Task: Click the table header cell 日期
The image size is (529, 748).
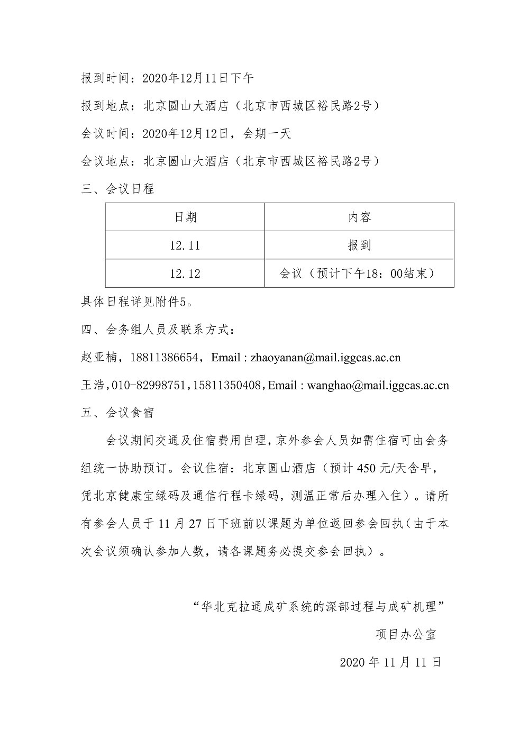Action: pos(185,217)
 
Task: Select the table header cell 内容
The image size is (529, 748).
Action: pos(359,217)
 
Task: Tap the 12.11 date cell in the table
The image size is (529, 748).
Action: pos(185,245)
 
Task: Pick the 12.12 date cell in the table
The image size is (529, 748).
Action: pos(185,273)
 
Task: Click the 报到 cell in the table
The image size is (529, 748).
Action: pos(359,245)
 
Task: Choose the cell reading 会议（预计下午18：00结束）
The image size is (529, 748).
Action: pos(359,273)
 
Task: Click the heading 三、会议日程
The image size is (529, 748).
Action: pos(117,189)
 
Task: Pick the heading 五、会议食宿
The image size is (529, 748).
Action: pos(117,413)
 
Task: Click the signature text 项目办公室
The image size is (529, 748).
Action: pos(406,634)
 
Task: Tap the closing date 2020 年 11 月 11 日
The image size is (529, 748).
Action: pos(390,662)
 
